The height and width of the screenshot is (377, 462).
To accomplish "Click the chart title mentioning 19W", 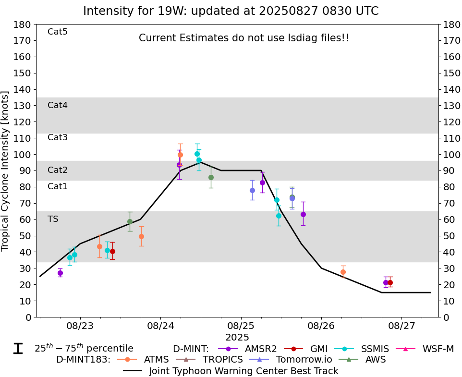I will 231,11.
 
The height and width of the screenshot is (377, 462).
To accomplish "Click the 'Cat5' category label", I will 57,32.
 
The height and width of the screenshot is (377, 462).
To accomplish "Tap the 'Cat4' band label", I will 57,105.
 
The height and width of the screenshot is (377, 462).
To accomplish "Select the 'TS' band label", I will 53,219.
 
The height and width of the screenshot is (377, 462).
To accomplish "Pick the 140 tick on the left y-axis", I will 24,89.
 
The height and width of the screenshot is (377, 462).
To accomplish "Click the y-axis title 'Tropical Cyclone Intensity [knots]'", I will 6,170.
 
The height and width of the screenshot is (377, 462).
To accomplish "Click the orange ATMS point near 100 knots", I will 180,155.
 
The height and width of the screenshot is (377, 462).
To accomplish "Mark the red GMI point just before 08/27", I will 390,282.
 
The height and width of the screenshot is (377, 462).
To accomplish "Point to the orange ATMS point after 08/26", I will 343,272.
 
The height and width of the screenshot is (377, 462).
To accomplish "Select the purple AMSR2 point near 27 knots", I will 60,273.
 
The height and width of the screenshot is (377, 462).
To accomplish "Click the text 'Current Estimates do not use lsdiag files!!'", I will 243,38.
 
